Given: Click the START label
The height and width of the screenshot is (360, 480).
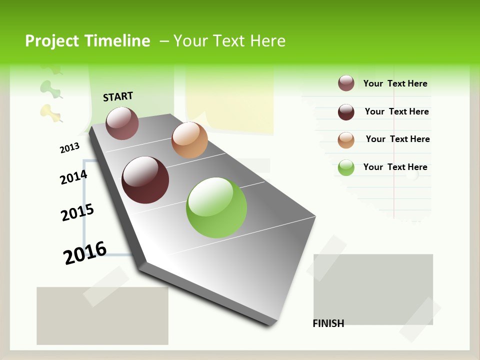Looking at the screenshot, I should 118,96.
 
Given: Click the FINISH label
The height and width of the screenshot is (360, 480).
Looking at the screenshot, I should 328,323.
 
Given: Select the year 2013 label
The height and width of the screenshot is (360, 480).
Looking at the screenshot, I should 69,147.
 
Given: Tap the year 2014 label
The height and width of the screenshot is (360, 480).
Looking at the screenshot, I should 73,177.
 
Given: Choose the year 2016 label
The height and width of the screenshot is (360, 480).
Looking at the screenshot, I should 85,252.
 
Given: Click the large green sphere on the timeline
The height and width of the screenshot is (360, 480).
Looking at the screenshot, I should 216,207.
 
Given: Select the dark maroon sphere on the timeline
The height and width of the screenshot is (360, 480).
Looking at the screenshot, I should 145,180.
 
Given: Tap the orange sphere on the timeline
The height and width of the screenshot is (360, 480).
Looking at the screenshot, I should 189,140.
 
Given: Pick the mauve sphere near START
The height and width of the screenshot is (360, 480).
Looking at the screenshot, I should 122,123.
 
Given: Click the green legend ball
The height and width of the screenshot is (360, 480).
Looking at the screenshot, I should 346,167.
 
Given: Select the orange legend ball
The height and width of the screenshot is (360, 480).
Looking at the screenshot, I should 346,140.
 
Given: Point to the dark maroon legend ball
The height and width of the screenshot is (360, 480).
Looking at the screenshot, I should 346,112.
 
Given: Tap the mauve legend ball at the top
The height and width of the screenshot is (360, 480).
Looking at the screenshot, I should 346,83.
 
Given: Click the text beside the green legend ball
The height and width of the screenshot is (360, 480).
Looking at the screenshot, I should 395,167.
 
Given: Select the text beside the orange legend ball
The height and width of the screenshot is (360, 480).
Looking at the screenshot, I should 397,139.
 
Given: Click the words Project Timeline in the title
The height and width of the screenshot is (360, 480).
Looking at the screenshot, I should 87,41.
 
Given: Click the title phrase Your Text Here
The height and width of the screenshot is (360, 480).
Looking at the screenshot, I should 229,41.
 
